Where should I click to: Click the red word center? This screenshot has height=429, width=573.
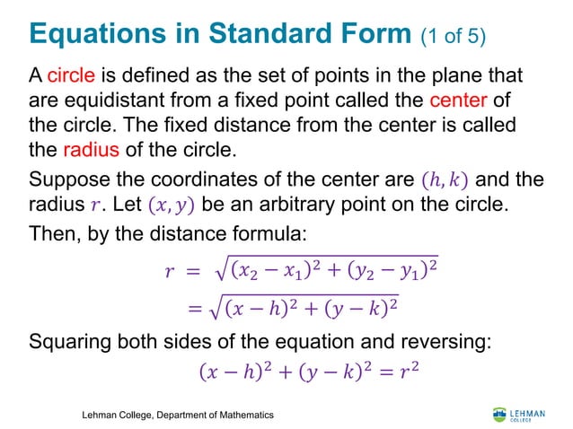tap(459, 98)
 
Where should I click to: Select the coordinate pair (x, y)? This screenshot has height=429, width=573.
tap(169, 205)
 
